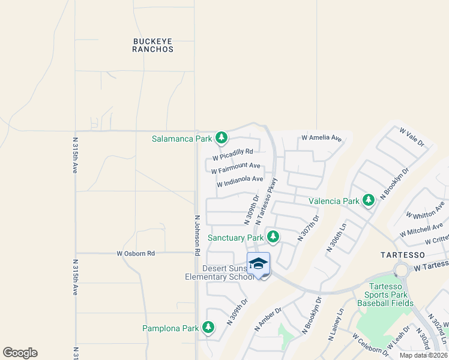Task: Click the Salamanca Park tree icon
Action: pyautogui.click(x=221, y=139)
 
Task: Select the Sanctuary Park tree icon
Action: pyautogui.click(x=273, y=237)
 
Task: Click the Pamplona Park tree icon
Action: pyautogui.click(x=208, y=328)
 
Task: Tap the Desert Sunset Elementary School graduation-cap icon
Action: pyautogui.click(x=258, y=264)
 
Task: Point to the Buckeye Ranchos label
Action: pyautogui.click(x=153, y=45)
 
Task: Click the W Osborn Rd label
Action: pyautogui.click(x=136, y=254)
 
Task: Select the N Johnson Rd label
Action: pyautogui.click(x=197, y=236)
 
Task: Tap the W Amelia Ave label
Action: pyautogui.click(x=321, y=138)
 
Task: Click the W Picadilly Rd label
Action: pyautogui.click(x=232, y=155)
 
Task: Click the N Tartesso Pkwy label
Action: pyautogui.click(x=267, y=201)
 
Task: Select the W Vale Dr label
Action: pyautogui.click(x=412, y=136)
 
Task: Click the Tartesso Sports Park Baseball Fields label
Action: pyautogui.click(x=385, y=295)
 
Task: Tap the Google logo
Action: pyautogui.click(x=20, y=353)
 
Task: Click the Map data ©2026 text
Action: pyautogui.click(x=423, y=355)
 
